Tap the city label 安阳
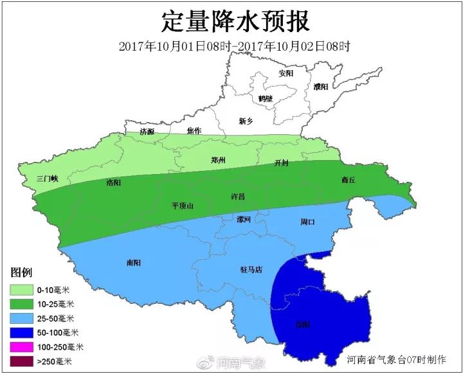tap(286, 73)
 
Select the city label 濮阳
tap(321, 86)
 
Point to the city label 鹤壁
tap(265, 98)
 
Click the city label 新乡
tap(246, 121)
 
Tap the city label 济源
tap(147, 131)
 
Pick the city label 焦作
tap(194, 130)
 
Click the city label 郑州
tap(219, 160)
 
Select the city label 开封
tap(282, 163)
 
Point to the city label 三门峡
tap(48, 179)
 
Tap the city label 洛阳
tap(113, 183)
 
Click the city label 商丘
tap(348, 181)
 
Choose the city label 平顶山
tap(182, 206)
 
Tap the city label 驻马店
tap(250, 270)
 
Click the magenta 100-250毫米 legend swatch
tap(23, 348)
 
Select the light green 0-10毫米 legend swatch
tap(23, 289)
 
